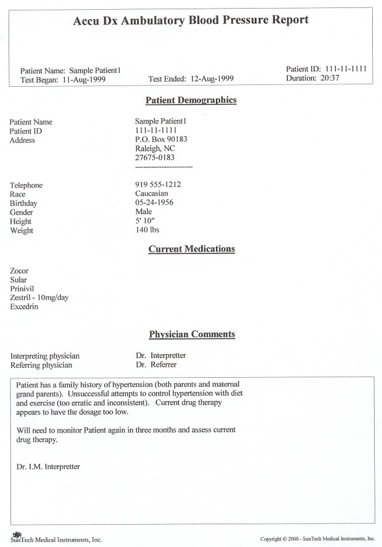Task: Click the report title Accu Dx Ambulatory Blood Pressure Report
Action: (191, 21)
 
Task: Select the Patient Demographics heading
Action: (191, 100)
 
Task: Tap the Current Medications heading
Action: (191, 249)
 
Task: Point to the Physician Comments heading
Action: (191, 335)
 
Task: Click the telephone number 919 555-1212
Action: (157, 185)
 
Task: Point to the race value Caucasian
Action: (151, 194)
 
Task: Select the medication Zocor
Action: (20, 271)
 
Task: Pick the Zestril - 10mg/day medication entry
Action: (39, 297)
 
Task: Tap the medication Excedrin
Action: (25, 306)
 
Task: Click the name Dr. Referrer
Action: (156, 365)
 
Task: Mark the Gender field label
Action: (21, 212)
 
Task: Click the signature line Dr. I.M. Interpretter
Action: (49, 466)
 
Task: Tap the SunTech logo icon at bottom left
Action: (16, 533)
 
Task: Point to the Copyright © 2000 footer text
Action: (317, 538)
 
